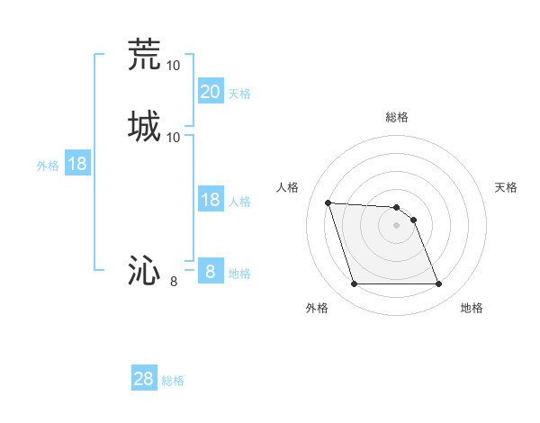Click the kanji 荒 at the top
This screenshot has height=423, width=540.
point(144,54)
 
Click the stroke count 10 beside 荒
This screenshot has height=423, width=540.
point(174,66)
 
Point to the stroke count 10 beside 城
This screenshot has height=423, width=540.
point(174,137)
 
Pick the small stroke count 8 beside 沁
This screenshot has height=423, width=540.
point(174,282)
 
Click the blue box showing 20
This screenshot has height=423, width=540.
point(211,91)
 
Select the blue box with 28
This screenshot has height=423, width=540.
point(144,379)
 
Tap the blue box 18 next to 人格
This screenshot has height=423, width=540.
point(211,200)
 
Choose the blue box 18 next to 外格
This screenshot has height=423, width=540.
point(77,164)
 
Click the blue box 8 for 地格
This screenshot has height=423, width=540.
point(211,271)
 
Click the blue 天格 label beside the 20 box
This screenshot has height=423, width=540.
point(239,94)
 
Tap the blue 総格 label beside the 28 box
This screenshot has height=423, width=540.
point(173,382)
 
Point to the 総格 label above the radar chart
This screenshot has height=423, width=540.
point(397,117)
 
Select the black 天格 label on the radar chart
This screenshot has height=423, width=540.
point(506,187)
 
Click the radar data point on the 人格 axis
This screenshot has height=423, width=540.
point(328,202)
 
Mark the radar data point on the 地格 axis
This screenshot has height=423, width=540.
point(439,284)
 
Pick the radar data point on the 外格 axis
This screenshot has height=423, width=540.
point(354,284)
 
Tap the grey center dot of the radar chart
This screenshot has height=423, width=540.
point(397,225)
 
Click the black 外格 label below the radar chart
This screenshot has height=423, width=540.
point(317,308)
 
